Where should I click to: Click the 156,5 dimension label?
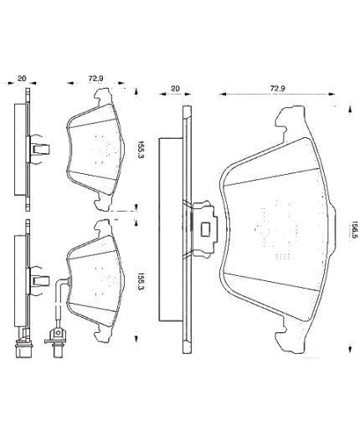click(355, 229)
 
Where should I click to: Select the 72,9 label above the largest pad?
click(277, 89)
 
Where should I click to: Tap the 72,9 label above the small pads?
click(95, 79)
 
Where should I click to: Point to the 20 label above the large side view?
click(175, 89)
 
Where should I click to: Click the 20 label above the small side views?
click(22, 79)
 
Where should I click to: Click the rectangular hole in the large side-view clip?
click(206, 228)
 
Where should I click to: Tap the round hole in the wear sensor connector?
click(58, 333)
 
